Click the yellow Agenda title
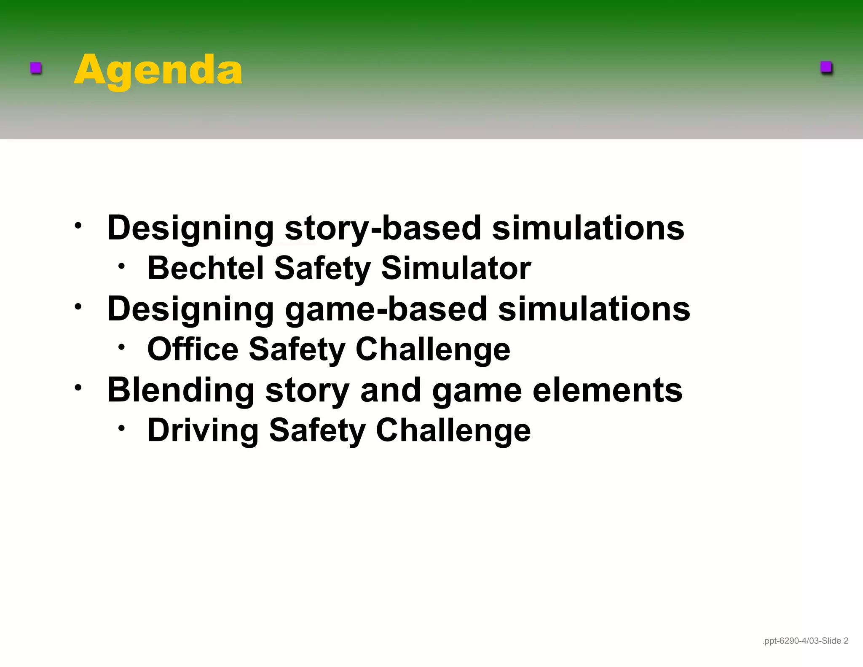point(158,70)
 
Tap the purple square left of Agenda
point(36,68)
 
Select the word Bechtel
point(205,268)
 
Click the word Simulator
point(456,268)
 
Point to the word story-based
point(383,229)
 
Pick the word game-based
point(386,309)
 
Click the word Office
point(193,349)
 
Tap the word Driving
point(203,430)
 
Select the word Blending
point(181,390)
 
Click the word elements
point(607,390)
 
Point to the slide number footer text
point(805,641)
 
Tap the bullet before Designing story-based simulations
point(78,226)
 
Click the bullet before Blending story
point(78,387)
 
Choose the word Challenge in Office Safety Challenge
point(433,350)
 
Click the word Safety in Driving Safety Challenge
point(317,430)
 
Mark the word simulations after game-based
point(594,309)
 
